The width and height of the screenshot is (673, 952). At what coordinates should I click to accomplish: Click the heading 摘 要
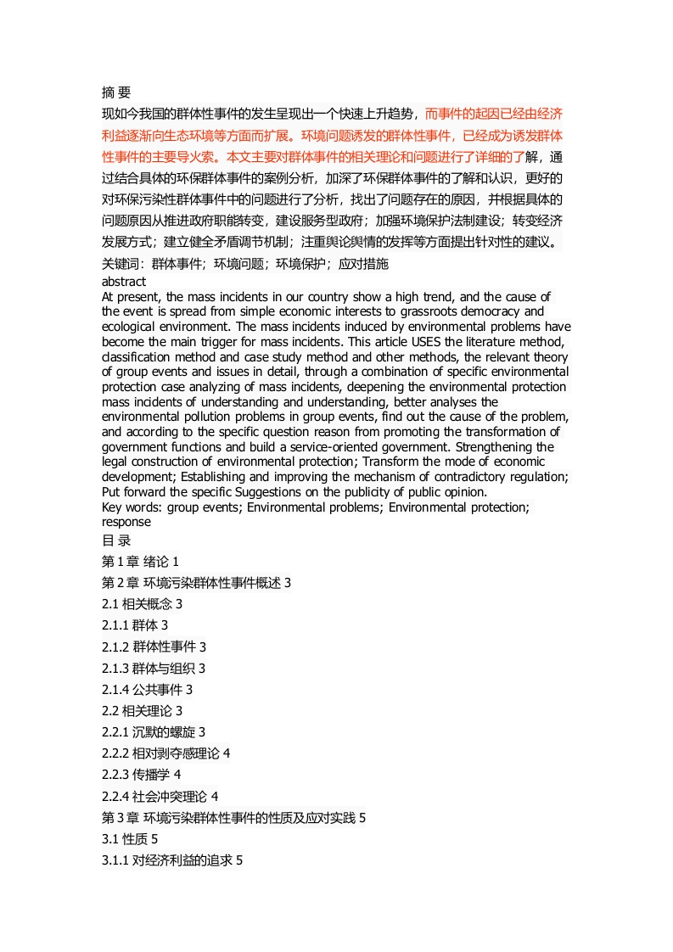coord(116,92)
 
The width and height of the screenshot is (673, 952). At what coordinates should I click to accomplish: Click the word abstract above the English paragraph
coord(124,281)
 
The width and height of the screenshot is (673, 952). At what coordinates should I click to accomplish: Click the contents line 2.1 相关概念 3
coord(143,604)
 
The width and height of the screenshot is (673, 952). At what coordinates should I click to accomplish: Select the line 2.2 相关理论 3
coord(143,710)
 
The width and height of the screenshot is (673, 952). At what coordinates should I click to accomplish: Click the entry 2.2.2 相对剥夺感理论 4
coord(165,753)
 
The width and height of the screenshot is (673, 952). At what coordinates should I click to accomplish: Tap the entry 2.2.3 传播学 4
coord(141,774)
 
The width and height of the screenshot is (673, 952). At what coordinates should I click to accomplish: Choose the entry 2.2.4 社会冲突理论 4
coord(160,796)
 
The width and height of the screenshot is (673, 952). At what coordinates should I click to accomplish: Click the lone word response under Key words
coord(126,523)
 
